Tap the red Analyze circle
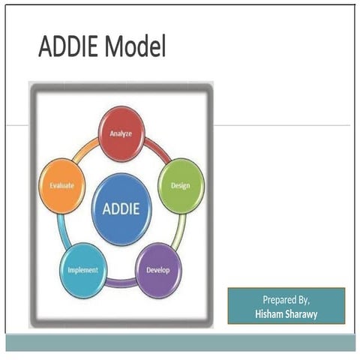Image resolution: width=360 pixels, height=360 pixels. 121,134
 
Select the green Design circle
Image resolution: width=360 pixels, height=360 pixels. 180,184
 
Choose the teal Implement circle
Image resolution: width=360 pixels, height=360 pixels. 82,270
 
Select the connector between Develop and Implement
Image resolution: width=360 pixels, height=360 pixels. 121,283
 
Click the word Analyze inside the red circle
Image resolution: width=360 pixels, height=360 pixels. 121,134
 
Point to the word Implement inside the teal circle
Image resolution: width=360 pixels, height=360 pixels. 82,270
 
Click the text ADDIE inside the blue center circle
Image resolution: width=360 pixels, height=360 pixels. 121,208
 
